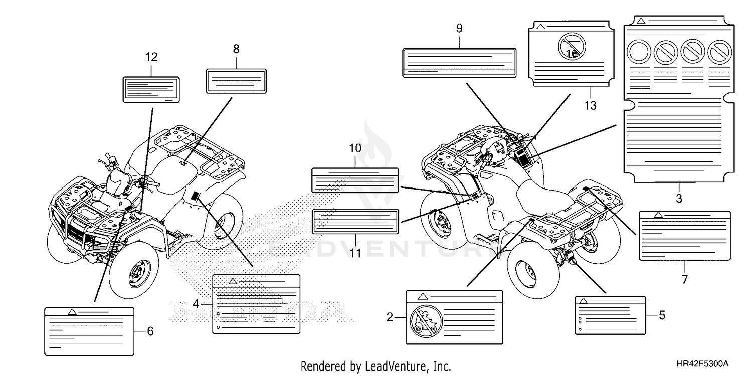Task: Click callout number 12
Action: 151,57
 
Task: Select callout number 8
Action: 236,49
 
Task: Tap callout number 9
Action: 459,28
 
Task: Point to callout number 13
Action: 590,106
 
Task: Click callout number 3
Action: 679,198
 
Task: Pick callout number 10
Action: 355,148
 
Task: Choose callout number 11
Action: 355,253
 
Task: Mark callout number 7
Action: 685,279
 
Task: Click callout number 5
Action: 662,315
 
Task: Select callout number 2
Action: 390,317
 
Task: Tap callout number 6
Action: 150,331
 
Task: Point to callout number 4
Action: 196,304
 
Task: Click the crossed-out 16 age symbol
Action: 572,46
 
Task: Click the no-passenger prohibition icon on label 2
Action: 426,321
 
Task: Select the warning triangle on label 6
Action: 72,312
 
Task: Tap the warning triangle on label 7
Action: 658,215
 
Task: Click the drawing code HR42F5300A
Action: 702,364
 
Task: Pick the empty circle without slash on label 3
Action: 639,52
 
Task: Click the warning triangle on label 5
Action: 583,301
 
